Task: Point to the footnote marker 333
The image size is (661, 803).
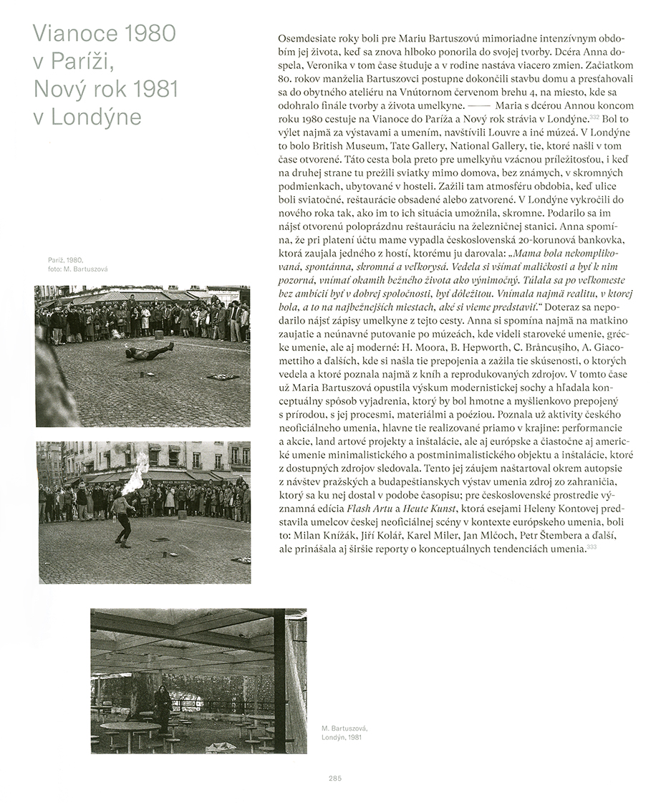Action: coord(592,547)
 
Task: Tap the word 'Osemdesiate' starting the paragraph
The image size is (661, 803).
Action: coord(301,37)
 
